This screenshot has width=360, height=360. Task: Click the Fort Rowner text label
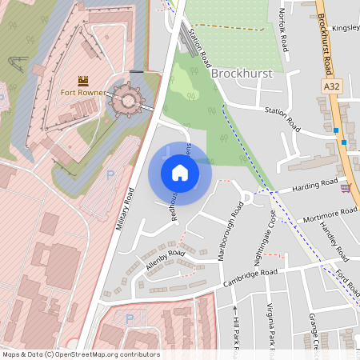[x=83, y=92]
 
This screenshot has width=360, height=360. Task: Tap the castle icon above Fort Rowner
[x=83, y=81]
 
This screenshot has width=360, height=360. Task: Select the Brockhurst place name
[x=242, y=73]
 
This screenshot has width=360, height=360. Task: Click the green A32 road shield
[x=331, y=85]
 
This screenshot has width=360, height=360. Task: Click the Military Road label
[x=122, y=209]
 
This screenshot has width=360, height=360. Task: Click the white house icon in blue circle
[x=180, y=172]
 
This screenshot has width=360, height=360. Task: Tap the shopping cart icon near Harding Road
[x=346, y=188]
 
